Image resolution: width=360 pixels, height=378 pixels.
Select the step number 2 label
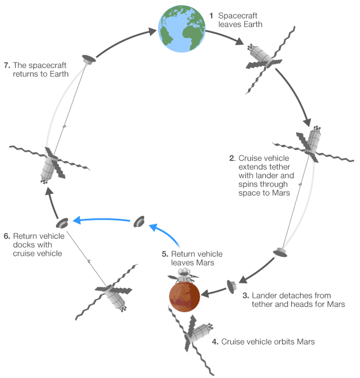pos(231,158)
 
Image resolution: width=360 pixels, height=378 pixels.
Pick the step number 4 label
pos(215,342)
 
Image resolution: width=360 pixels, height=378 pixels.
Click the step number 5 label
pos(164,254)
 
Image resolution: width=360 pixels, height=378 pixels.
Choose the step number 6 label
pos(7,235)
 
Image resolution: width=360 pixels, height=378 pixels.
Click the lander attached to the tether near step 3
pos(280,251)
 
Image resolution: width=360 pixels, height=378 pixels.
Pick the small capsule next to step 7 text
pos(88,59)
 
